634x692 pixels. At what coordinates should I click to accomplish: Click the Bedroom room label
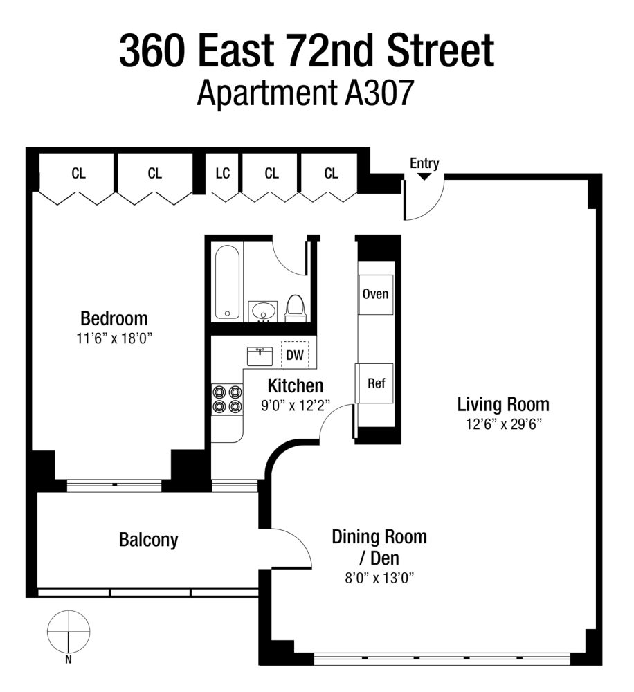pyautogui.click(x=114, y=319)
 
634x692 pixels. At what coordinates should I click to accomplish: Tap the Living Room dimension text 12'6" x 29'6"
pyautogui.click(x=503, y=424)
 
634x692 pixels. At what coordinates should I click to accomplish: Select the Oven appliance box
pyautogui.click(x=376, y=294)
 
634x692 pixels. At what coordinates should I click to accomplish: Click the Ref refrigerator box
pyautogui.click(x=375, y=383)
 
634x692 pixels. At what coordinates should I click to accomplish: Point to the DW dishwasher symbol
pyautogui.click(x=295, y=356)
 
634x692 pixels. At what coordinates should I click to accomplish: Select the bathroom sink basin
pyautogui.click(x=263, y=311)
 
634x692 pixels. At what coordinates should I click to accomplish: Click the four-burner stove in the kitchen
pyautogui.click(x=227, y=399)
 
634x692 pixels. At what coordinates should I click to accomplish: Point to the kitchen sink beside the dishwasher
pyautogui.click(x=260, y=356)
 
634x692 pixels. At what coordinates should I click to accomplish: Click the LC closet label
pyautogui.click(x=222, y=174)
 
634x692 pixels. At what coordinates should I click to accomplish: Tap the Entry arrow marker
pyautogui.click(x=424, y=176)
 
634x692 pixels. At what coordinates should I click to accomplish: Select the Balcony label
pyautogui.click(x=148, y=540)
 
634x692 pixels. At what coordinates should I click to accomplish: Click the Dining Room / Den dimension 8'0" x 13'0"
pyautogui.click(x=379, y=579)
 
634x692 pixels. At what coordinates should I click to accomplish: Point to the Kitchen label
pyautogui.click(x=296, y=385)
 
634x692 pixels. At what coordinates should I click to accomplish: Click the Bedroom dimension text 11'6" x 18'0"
pyautogui.click(x=114, y=339)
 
